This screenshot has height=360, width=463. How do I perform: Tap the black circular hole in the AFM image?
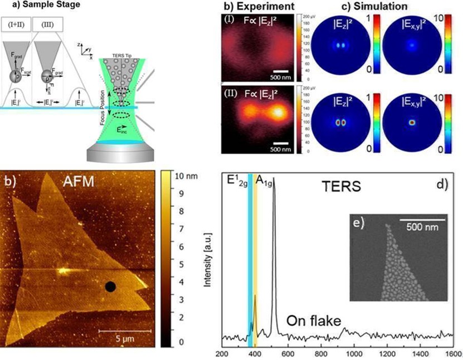pos(110,287)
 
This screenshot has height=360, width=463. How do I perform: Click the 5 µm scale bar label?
pos(116,338)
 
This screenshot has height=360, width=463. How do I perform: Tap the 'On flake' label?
pos(314,321)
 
